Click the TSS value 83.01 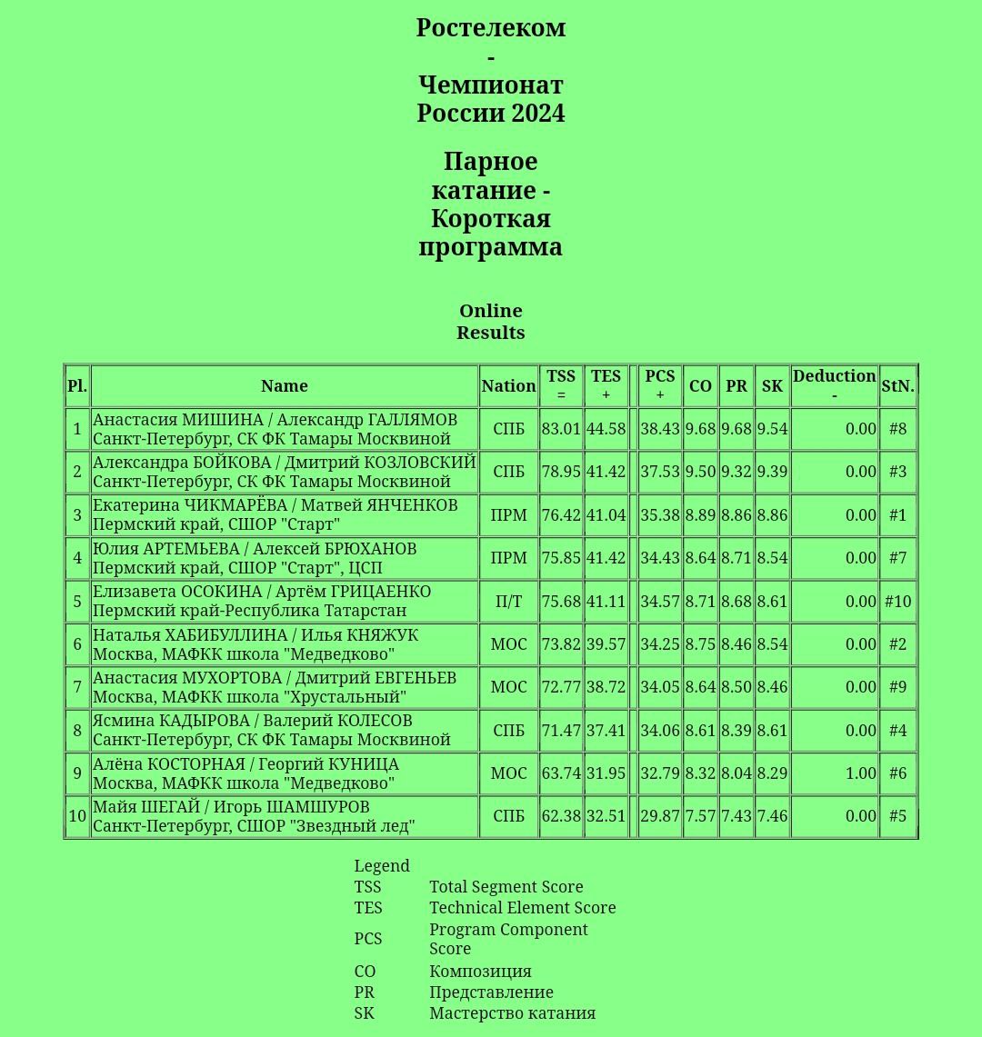(x=561, y=429)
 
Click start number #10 (x=897, y=602)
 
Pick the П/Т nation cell (x=508, y=602)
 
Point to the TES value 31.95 (x=606, y=773)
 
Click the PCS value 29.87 (x=660, y=816)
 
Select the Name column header (x=285, y=386)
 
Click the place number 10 (x=77, y=816)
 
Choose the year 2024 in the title (x=538, y=114)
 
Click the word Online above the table (x=491, y=312)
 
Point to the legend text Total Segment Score (x=506, y=887)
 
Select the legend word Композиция (x=480, y=972)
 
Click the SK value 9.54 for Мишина (x=772, y=429)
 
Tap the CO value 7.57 (x=700, y=816)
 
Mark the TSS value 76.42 (x=561, y=515)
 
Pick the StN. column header (x=897, y=386)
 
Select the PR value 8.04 (x=736, y=773)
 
